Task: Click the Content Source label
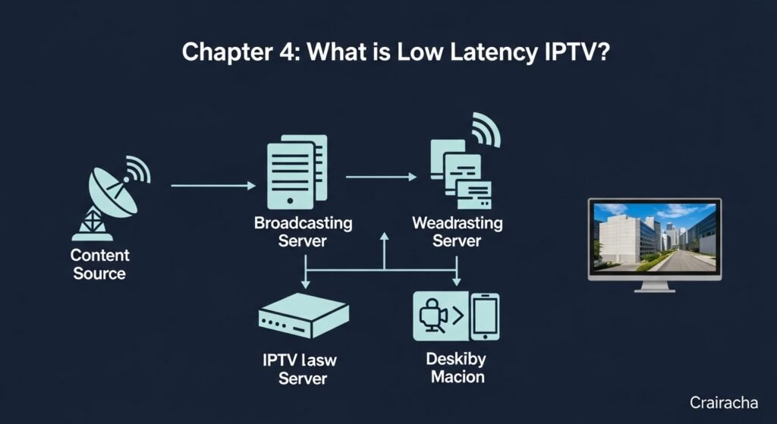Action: pyautogui.click(x=100, y=264)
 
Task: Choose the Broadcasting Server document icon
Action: pyautogui.click(x=297, y=172)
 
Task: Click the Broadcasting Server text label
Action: pyautogui.click(x=303, y=232)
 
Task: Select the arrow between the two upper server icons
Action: pyautogui.click(x=381, y=177)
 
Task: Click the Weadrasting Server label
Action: pyautogui.click(x=457, y=232)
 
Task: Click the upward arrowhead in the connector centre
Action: pyautogui.click(x=384, y=239)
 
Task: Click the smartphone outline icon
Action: pyautogui.click(x=484, y=316)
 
